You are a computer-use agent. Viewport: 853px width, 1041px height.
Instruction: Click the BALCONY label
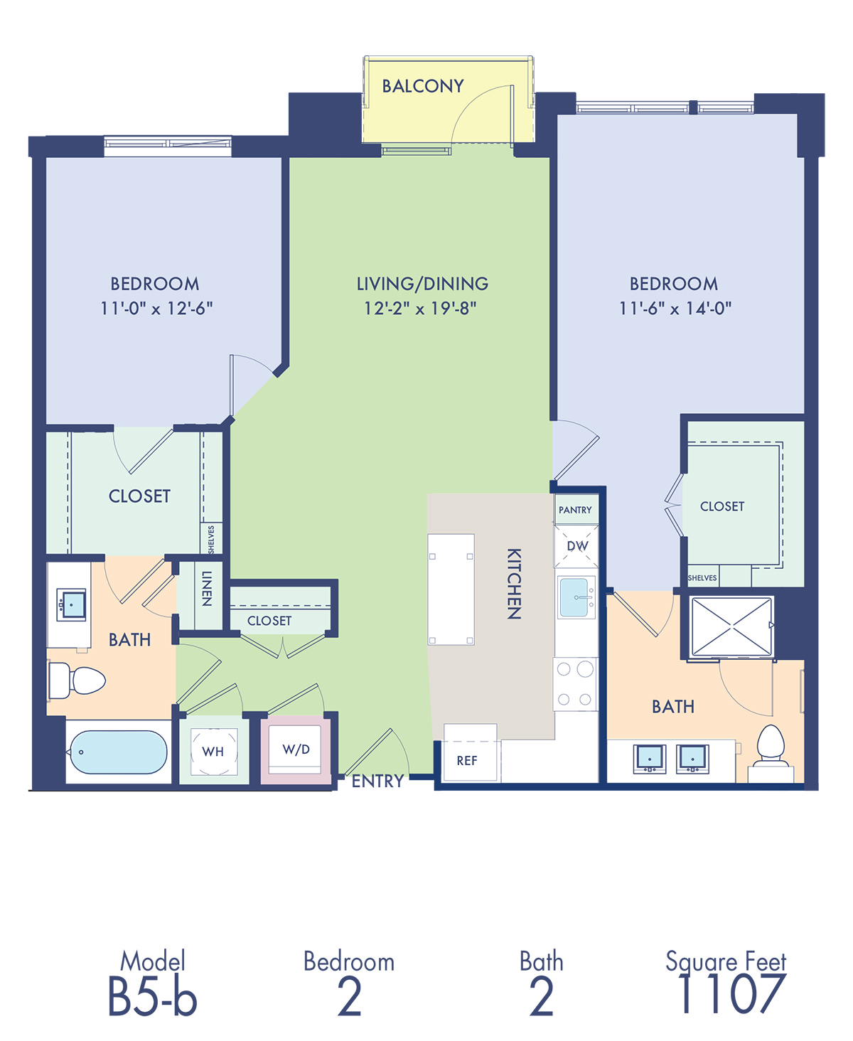point(423,86)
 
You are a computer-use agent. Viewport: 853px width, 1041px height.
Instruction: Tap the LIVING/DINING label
point(422,284)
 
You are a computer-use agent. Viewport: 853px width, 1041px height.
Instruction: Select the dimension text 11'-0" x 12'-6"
point(156,309)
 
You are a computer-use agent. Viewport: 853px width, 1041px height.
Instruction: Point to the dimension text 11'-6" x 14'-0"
point(675,309)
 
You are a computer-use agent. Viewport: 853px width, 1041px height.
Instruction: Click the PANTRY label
point(575,510)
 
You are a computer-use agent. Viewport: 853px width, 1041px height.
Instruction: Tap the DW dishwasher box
point(576,546)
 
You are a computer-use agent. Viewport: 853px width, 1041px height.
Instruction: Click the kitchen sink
point(576,597)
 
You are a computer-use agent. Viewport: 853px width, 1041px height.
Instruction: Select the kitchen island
point(451,589)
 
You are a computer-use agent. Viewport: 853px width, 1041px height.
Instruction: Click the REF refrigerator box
point(470,753)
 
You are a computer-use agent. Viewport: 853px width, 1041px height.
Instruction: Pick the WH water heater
point(214,752)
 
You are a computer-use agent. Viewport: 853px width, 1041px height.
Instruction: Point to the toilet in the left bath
point(77,680)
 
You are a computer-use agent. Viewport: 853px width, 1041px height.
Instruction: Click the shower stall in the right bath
point(731,626)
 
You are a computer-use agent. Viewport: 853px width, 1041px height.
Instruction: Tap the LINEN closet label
point(207,588)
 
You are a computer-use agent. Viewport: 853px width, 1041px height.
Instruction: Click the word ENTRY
point(377,781)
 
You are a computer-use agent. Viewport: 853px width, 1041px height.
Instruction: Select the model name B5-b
point(152,997)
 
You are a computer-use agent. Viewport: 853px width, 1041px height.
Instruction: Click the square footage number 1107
point(731,993)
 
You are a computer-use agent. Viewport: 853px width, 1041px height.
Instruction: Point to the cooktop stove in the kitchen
point(575,684)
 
